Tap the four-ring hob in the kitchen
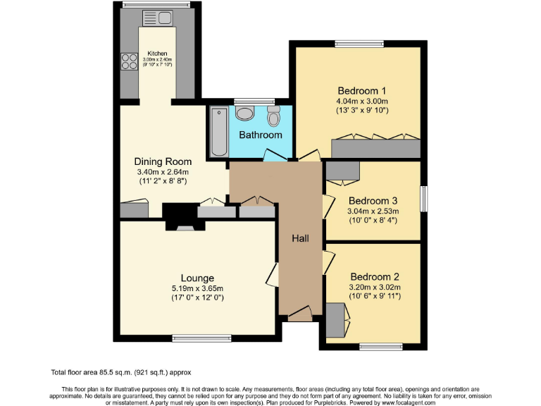130,62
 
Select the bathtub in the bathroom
218,132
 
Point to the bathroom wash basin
244,113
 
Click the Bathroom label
260,135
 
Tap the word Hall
301,239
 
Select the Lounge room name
197,278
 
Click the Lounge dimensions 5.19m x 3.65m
197,288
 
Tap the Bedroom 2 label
375,276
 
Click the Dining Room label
163,161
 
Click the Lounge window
197,338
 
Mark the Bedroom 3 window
424,199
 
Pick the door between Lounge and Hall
273,274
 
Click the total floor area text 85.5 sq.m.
121,371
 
